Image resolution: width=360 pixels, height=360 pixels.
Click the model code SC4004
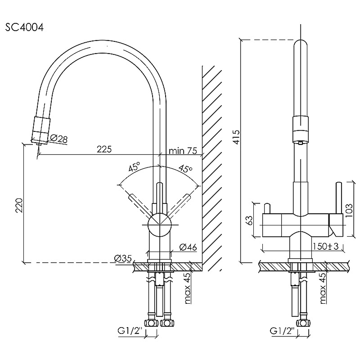(25, 27)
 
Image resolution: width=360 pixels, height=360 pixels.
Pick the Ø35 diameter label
(122, 258)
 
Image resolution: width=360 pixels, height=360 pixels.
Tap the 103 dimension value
(349, 209)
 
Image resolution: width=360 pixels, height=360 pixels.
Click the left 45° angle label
(134, 168)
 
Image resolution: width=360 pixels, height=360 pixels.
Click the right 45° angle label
(185, 169)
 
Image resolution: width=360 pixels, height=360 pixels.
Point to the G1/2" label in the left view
(130, 332)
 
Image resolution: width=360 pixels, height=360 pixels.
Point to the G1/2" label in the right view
(283, 332)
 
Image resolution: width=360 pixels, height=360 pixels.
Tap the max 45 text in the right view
(323, 288)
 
